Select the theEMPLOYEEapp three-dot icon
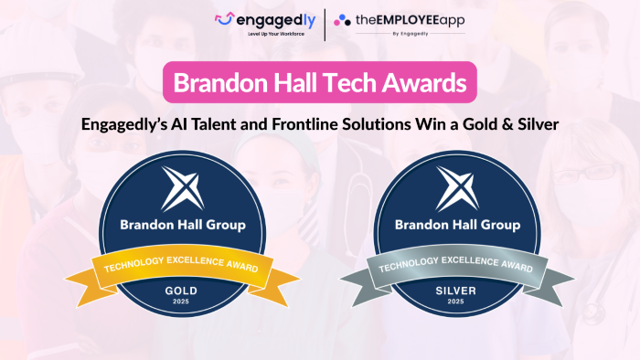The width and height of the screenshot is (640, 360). [342, 19]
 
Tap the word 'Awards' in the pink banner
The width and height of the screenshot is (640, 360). [426, 83]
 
